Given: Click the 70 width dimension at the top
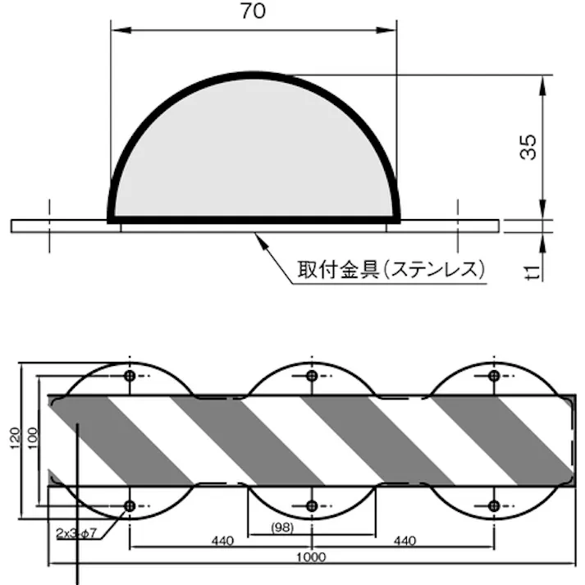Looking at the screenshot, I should pyautogui.click(x=254, y=12).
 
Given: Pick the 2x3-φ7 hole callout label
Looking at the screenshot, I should pyautogui.click(x=76, y=533).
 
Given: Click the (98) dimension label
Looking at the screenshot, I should pyautogui.click(x=282, y=528).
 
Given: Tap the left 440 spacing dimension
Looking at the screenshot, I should pyautogui.click(x=222, y=541).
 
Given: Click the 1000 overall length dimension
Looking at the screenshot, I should pyautogui.click(x=312, y=557).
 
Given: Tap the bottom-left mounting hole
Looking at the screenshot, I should pyautogui.click(x=130, y=505).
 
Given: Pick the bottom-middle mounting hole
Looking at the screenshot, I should pyautogui.click(x=312, y=505).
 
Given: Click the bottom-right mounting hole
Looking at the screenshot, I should pyautogui.click(x=493, y=505).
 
